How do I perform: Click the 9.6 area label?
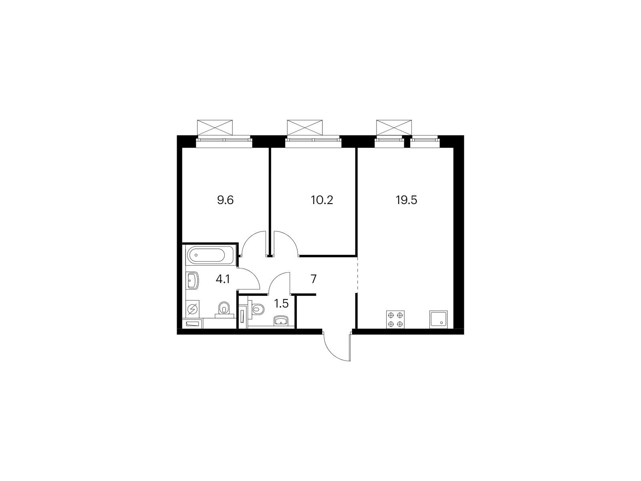click(225, 200)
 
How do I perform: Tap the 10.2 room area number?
click(322, 200)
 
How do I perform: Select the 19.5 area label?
click(406, 200)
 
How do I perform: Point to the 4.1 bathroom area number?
click(223, 279)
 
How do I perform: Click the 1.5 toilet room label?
click(281, 304)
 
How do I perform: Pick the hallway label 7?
click(314, 279)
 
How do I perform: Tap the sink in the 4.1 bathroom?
click(192, 280)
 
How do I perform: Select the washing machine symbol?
click(193, 309)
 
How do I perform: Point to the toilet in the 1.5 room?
click(258, 308)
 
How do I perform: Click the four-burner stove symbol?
click(395, 319)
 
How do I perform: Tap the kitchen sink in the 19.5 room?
click(438, 319)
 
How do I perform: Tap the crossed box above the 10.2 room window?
click(305, 127)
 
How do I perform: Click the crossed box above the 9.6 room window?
click(215, 127)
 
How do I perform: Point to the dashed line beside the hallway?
click(357, 276)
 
